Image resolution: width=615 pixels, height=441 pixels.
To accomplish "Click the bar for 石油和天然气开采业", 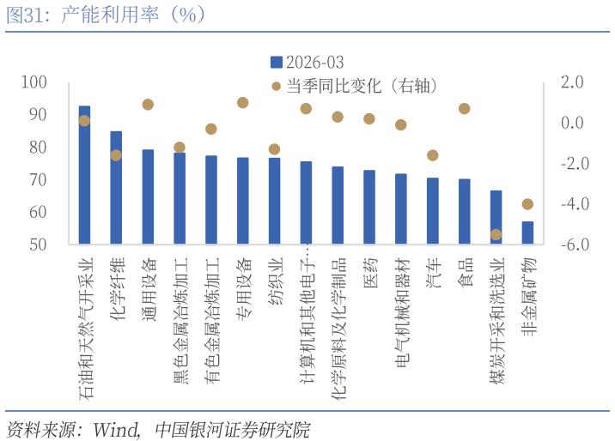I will (x=84, y=176).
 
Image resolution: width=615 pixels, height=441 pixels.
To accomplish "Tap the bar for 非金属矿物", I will (x=527, y=233).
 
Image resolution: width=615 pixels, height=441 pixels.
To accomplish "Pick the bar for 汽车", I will (x=432, y=211).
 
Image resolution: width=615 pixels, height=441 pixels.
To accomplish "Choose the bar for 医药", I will (x=369, y=207).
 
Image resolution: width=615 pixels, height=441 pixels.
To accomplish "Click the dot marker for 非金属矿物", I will (x=527, y=204).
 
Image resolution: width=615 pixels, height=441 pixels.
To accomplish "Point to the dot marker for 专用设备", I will (x=242, y=103).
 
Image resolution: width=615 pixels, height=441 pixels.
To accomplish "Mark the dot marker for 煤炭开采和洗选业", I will (x=496, y=234).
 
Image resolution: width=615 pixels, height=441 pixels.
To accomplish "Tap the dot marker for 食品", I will (x=464, y=109).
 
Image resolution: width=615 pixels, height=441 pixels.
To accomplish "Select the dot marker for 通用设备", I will (x=148, y=105).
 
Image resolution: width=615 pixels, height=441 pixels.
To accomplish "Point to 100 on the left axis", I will (x=58, y=82).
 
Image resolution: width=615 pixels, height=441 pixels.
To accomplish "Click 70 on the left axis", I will (x=61, y=180).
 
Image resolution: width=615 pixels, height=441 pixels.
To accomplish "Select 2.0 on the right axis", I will (x=572, y=82).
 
